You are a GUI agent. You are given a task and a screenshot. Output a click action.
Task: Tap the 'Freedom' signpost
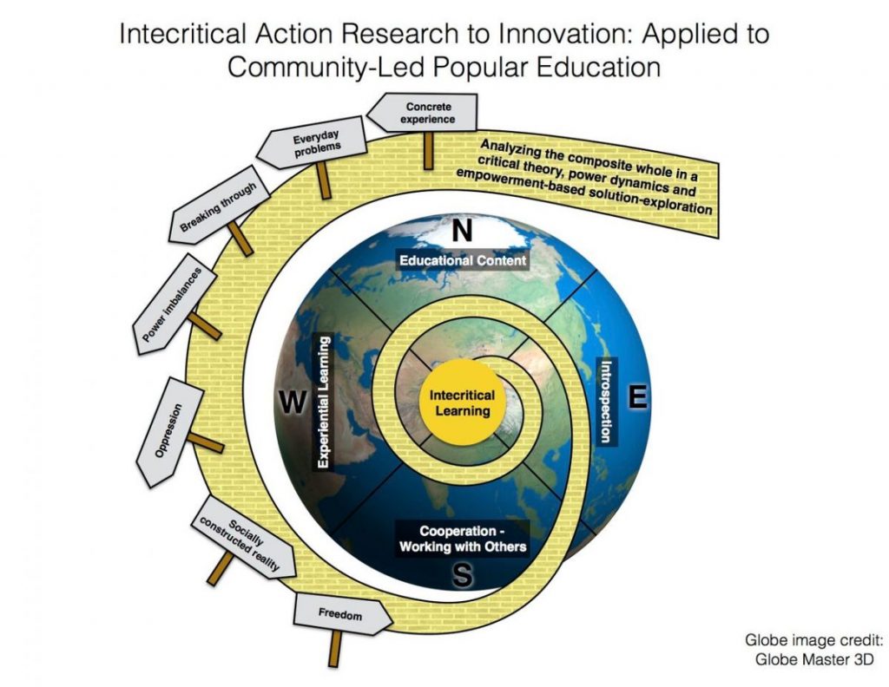point(339,614)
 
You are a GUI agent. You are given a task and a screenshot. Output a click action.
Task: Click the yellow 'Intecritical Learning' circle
point(461,402)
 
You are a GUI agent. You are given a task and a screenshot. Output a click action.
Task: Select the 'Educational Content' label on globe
point(463,260)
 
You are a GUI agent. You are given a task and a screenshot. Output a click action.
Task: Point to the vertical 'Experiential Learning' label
point(322,402)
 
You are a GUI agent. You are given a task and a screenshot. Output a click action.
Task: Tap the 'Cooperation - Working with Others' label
point(461,539)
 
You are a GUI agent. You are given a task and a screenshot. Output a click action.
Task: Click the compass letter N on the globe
point(463,231)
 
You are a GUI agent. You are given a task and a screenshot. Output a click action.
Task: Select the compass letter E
point(637,396)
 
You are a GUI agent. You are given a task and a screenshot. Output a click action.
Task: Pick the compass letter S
point(463,574)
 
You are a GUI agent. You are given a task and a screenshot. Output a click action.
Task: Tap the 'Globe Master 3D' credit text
point(815,658)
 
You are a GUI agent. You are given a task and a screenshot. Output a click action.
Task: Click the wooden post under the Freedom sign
point(334,645)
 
